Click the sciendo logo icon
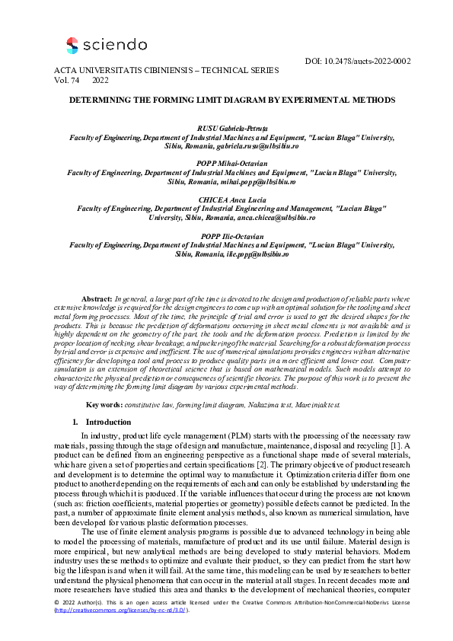[72, 46]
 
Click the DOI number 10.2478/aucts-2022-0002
[368, 60]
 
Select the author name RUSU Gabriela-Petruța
[227, 129]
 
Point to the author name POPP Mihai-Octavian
[227, 164]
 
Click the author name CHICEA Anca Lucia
[227, 199]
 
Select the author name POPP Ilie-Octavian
[227, 236]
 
